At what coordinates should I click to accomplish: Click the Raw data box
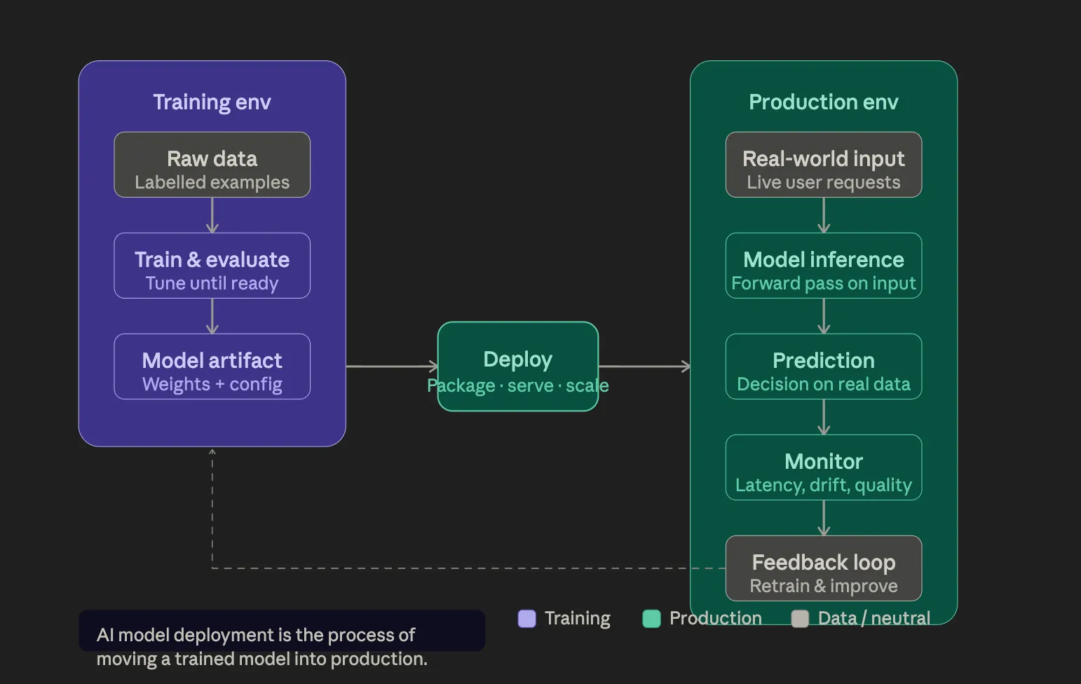coord(212,165)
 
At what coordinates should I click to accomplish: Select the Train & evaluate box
coord(212,266)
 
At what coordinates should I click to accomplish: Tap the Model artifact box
coord(212,367)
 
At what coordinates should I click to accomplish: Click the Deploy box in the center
coord(517,366)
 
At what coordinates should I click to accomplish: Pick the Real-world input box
coord(823,165)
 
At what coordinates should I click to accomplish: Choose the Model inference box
coord(823,266)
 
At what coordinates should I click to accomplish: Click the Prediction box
coord(823,367)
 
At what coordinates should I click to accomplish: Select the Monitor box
coord(823,467)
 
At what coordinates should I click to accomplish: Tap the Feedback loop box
coord(823,568)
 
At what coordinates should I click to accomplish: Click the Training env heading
coord(212,102)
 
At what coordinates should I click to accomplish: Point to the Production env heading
coord(823,102)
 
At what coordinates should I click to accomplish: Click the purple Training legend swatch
coord(526,618)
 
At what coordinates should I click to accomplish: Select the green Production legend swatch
coord(651,618)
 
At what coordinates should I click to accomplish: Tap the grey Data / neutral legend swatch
coord(800,618)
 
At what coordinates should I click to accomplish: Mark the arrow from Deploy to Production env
coord(644,366)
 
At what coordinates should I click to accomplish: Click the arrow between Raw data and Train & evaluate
coord(212,215)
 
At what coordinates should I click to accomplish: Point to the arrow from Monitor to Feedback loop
coord(824,518)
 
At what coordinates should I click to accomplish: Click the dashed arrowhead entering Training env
coord(212,452)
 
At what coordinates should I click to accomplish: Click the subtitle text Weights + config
coord(212,385)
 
